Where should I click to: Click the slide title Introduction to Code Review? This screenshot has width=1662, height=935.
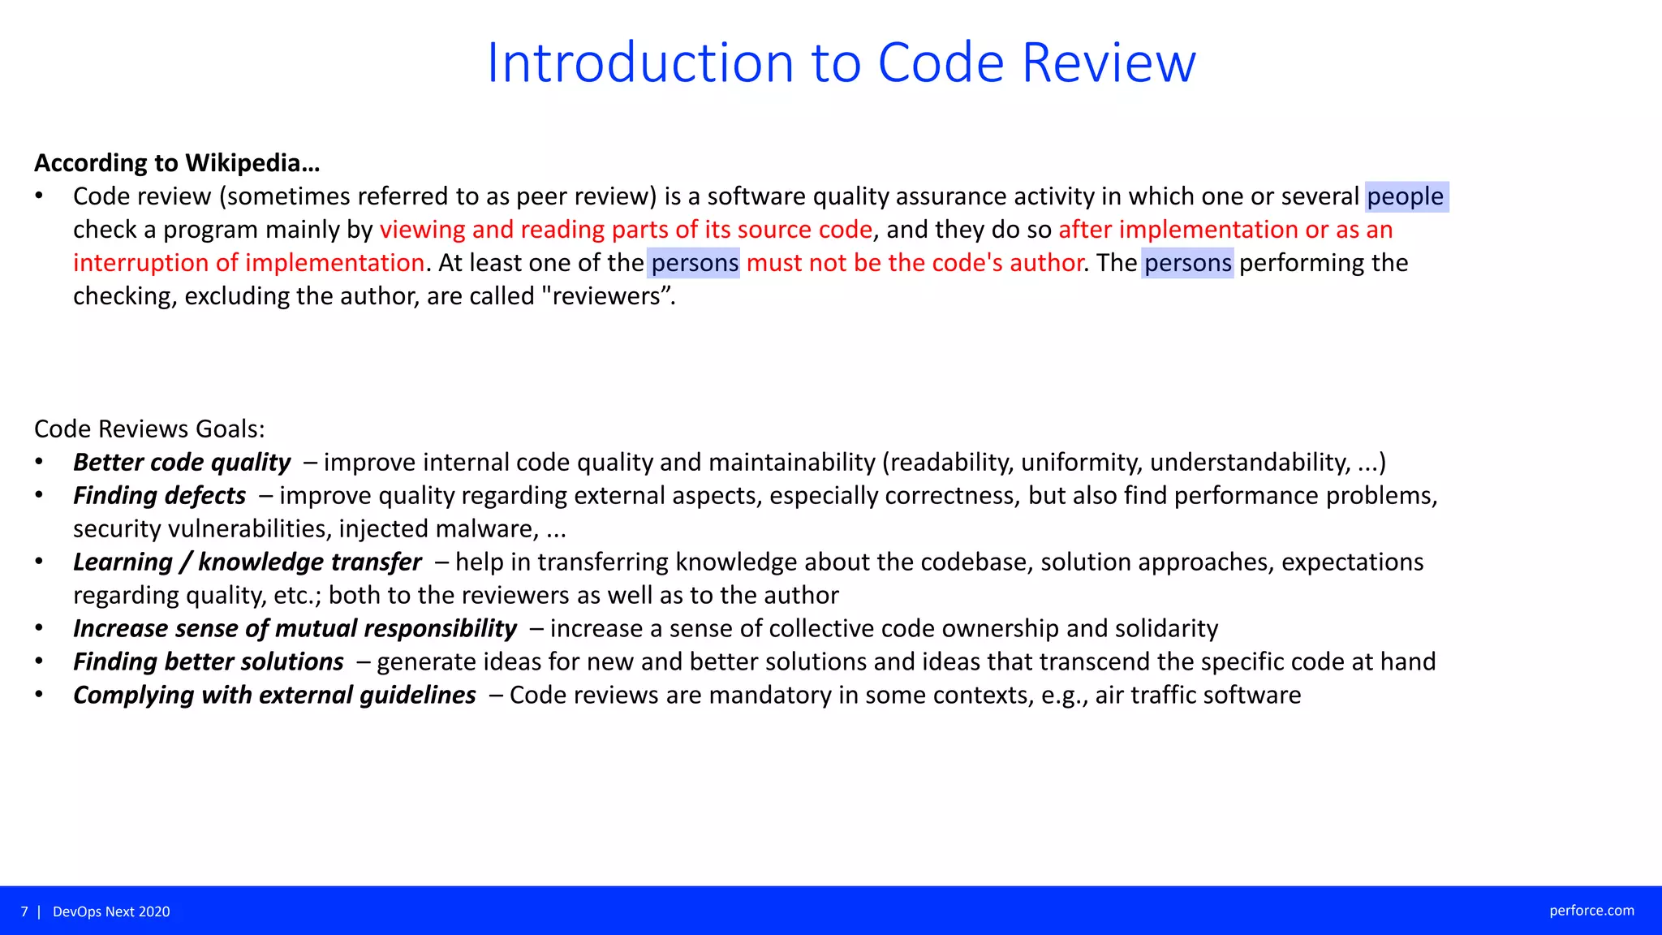click(x=841, y=62)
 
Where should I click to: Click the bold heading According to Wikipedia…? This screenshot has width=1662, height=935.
click(x=177, y=163)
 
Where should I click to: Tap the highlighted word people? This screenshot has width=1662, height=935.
click(x=1406, y=196)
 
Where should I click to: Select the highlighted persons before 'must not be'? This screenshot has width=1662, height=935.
click(x=695, y=263)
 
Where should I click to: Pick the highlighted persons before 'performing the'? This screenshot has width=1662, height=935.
click(x=1187, y=263)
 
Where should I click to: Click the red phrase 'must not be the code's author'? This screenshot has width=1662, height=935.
click(x=915, y=263)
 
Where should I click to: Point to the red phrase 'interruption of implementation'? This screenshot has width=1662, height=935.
click(x=249, y=263)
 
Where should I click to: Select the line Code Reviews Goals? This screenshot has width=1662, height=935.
click(x=149, y=429)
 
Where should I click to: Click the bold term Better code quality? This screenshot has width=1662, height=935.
click(x=182, y=463)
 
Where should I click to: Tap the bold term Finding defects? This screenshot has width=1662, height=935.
click(x=160, y=496)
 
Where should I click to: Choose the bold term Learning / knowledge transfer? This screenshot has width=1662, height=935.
click(x=248, y=562)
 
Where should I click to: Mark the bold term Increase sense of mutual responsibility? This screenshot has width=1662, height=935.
click(x=295, y=629)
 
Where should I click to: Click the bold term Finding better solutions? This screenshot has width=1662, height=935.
click(x=209, y=662)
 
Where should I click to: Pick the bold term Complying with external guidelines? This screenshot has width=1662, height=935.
click(x=274, y=696)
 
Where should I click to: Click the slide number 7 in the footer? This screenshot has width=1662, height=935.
click(x=24, y=911)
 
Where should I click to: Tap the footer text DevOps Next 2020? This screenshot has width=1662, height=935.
click(x=111, y=911)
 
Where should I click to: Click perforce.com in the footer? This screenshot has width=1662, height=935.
click(x=1591, y=911)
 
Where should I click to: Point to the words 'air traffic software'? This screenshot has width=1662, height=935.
click(x=1198, y=696)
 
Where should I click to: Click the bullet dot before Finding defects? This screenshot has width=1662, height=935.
click(x=39, y=495)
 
